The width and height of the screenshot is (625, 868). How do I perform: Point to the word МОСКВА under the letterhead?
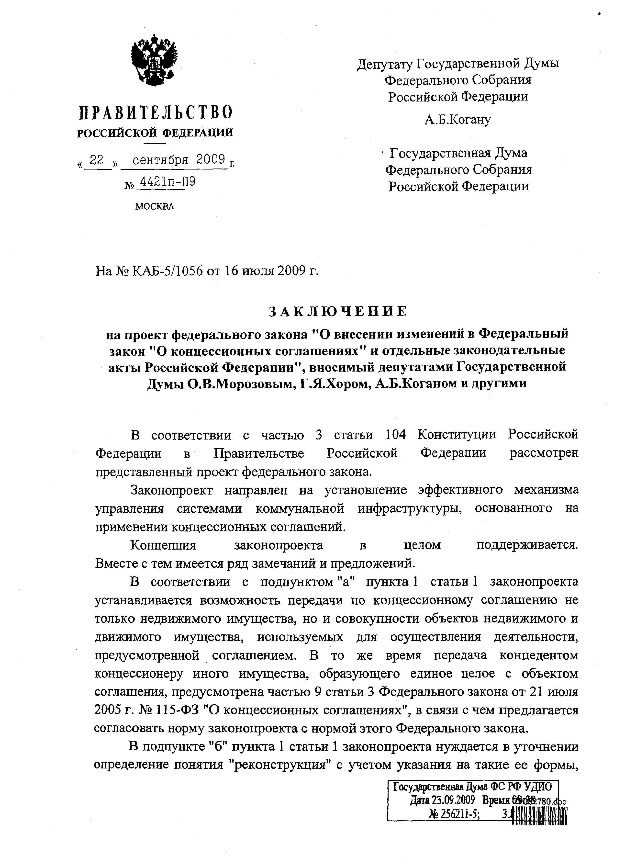pos(155,207)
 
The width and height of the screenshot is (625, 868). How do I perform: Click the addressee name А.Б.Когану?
pos(457,120)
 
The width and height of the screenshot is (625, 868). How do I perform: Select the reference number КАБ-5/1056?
pos(168,271)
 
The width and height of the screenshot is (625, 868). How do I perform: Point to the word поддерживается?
pos(527,545)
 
